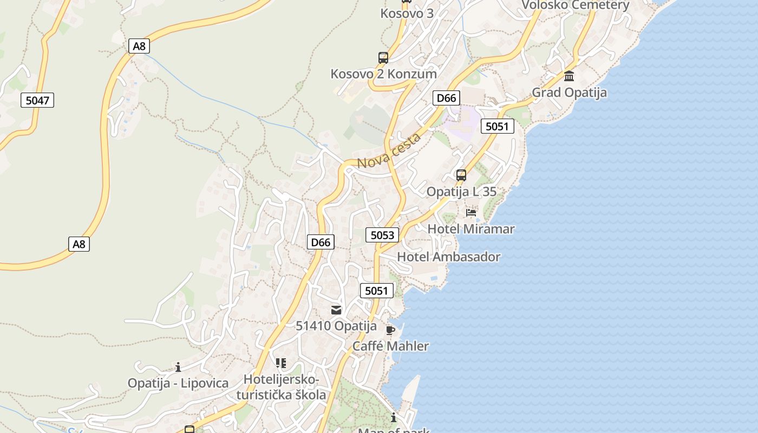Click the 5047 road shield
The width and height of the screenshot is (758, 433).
coord(37,100)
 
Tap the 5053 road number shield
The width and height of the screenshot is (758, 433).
coord(382,235)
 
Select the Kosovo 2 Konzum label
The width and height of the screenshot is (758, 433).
coord(383,74)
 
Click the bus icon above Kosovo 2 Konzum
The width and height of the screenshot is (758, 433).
coord(383,58)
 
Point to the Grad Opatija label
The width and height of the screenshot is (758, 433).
coord(569,93)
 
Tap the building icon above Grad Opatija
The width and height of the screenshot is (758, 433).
coord(569,76)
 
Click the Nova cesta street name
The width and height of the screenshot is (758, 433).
coord(389,151)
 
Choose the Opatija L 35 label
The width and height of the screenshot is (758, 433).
coord(461,192)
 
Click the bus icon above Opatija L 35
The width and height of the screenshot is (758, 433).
coord(461,175)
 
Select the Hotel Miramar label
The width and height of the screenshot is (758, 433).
coord(471,229)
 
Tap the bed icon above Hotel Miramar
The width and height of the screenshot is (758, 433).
coord(471,213)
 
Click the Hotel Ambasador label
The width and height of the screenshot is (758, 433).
coord(449,257)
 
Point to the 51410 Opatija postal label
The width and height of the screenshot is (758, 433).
coord(336,326)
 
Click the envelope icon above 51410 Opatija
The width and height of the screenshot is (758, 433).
coord(336,310)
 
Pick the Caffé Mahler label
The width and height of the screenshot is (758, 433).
coord(390,346)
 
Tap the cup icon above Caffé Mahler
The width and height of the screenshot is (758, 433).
coord(390,330)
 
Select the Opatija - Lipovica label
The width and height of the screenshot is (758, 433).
coord(178,383)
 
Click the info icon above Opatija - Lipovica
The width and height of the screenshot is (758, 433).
coord(178,368)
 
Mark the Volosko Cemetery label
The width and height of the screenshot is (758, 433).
coord(575,5)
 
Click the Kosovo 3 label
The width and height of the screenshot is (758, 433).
coord(407,13)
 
